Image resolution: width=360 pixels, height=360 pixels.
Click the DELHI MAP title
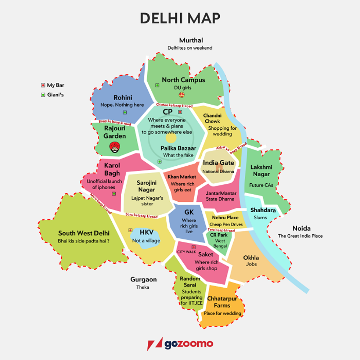coord(180,18)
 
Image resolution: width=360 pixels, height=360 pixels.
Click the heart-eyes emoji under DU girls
coord(181,96)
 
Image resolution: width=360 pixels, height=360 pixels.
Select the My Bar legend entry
coord(53,85)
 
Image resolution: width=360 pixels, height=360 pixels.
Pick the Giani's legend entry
coord(53,94)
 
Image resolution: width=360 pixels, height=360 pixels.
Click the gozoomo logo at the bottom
coord(180,344)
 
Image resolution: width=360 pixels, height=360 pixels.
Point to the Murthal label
coord(191,40)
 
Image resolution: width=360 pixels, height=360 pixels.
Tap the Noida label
coord(301,228)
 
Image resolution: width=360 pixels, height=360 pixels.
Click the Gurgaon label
coord(143,280)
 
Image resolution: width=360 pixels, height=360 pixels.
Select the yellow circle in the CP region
coord(171,138)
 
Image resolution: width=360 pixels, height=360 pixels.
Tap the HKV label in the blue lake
coord(146,233)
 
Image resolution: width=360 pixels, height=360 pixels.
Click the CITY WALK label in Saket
coord(186,252)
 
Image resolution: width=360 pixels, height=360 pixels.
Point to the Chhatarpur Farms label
coord(222,302)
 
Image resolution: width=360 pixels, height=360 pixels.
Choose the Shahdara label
coord(263,210)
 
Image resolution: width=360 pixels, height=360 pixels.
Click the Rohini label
coord(123,98)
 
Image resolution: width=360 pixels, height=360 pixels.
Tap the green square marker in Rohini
coord(125,112)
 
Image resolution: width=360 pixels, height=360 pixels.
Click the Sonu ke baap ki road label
coord(141,216)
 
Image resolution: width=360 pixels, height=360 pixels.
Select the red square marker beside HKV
coord(130,230)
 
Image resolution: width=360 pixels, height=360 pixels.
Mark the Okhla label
coord(251,258)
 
